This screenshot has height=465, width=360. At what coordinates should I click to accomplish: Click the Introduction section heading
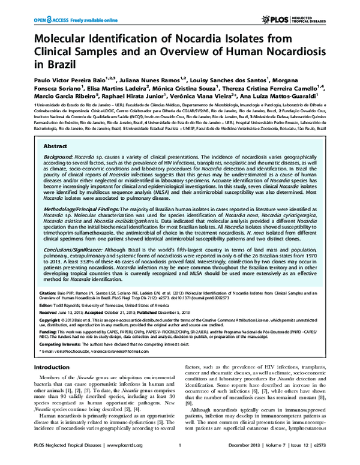[x=52, y=384]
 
